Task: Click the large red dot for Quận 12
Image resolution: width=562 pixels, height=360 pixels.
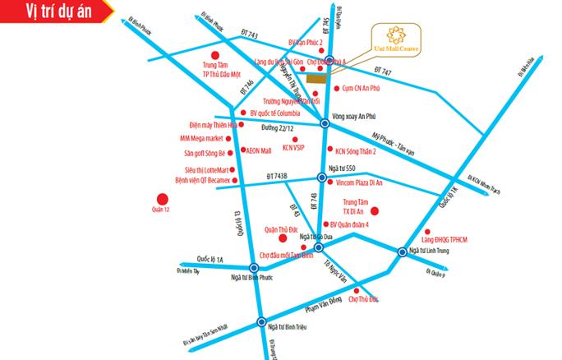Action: pos(161,199)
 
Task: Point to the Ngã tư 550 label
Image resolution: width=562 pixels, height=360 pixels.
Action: pos(343,168)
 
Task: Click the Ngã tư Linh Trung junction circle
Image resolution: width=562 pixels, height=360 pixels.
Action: pos(402,252)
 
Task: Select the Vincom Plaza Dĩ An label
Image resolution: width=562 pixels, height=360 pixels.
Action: pos(364,188)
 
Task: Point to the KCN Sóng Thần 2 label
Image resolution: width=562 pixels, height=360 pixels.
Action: pos(356,151)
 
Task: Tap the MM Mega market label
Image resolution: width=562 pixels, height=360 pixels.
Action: pos(204,139)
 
